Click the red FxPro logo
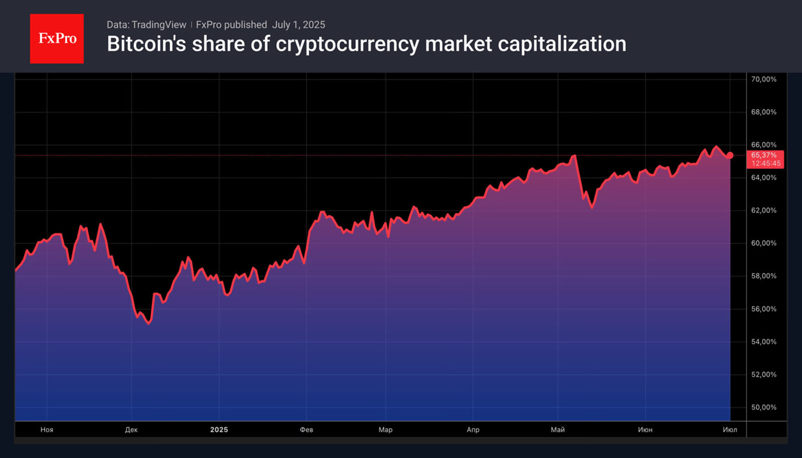[56, 39]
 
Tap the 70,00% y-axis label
[764, 79]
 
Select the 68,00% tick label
[764, 112]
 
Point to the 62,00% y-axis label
[764, 210]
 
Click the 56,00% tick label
[764, 309]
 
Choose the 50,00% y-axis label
[764, 407]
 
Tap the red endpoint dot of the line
[730, 155]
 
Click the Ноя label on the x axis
[47, 430]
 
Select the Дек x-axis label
[131, 430]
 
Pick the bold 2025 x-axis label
[219, 430]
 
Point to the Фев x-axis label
[306, 430]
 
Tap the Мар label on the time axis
[385, 430]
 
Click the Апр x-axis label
[473, 430]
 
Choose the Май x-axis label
[558, 430]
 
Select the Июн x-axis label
[645, 430]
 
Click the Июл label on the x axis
[730, 430]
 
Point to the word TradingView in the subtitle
[159, 25]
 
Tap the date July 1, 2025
[298, 25]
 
